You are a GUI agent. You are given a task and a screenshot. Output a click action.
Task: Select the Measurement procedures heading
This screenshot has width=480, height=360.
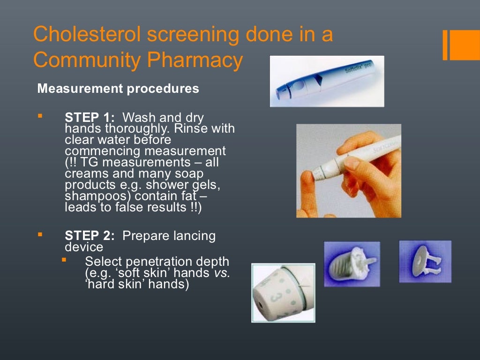point(118,89)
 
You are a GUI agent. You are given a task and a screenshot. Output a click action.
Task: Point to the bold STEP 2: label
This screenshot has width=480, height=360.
point(90,236)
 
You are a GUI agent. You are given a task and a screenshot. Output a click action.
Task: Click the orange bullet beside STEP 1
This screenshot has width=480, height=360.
point(40,115)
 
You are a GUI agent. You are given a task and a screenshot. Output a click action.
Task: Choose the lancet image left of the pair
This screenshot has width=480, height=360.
point(352,264)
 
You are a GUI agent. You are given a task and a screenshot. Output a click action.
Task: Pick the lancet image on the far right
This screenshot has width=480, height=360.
point(425,262)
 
